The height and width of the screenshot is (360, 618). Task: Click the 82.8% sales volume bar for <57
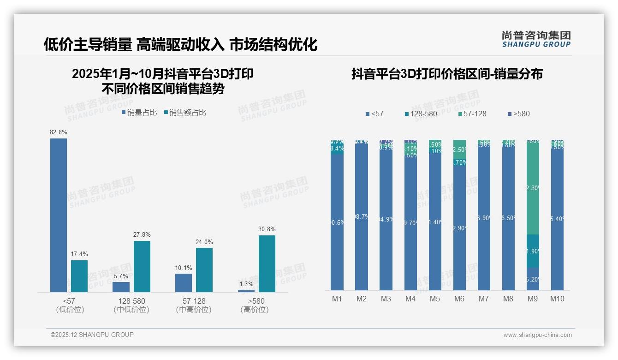pos(59,215)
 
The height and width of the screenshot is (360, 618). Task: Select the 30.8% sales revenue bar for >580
pos(267,264)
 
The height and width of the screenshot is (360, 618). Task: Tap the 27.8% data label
pos(142,235)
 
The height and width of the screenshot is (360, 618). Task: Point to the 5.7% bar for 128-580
pos(121,287)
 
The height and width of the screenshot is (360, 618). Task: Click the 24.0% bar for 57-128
pos(204,270)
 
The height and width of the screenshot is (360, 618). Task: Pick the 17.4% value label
pos(79,254)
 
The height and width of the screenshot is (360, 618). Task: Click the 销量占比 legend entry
pos(139,113)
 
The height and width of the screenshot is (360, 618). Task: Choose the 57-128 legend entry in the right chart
pos(473,114)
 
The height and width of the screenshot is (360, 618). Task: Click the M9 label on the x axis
pos(532,299)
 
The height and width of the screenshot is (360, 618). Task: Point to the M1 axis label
pos(337,299)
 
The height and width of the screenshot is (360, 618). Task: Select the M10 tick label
pos(557,299)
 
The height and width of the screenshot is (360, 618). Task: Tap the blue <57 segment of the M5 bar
pos(435,222)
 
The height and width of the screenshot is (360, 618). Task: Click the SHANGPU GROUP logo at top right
pos(536,39)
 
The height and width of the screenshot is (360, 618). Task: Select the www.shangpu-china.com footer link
pos(537,335)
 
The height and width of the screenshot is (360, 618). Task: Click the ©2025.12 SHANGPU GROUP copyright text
pos(92,335)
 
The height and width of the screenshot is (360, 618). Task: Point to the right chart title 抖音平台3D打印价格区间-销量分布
pos(447,74)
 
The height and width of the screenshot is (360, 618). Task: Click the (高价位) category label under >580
pos(254,310)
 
